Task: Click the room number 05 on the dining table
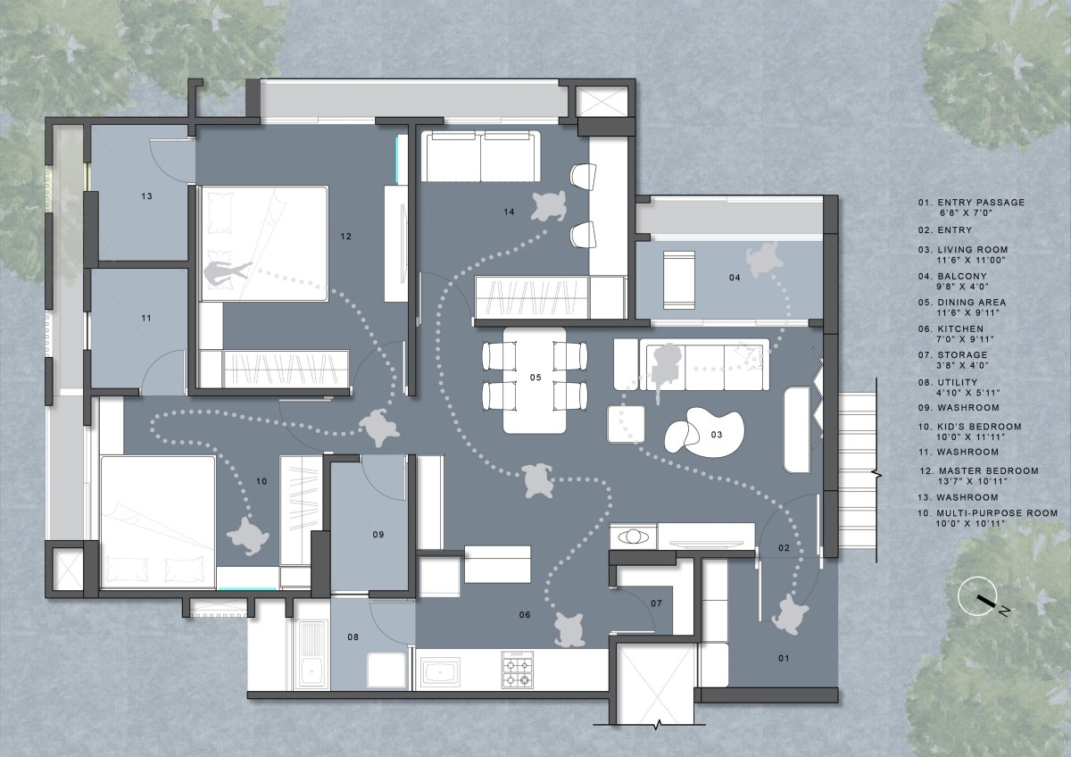pos(535,378)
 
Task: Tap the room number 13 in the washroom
pos(146,196)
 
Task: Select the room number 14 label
pos(509,212)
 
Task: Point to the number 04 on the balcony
pos(735,278)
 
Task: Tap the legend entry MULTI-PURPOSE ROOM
pos(997,513)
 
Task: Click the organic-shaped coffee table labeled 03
pos(704,432)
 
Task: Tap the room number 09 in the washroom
pos(378,535)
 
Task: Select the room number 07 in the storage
pos(656,603)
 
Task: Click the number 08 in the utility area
pos(353,637)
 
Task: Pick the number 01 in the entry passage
pos(784,659)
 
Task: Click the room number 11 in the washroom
pos(146,318)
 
